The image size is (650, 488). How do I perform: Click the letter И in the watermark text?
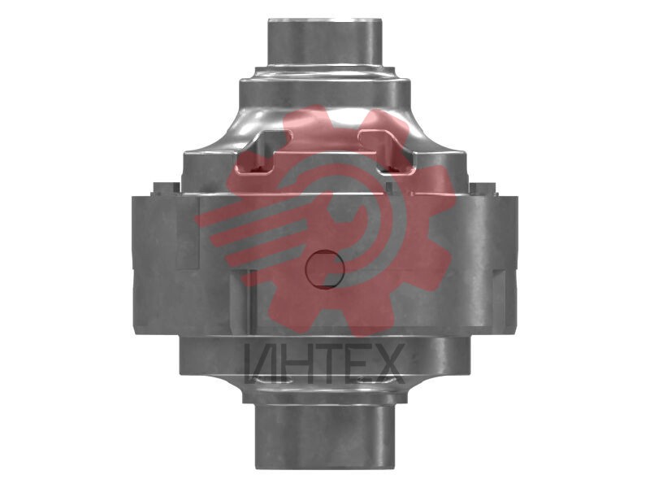260,363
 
